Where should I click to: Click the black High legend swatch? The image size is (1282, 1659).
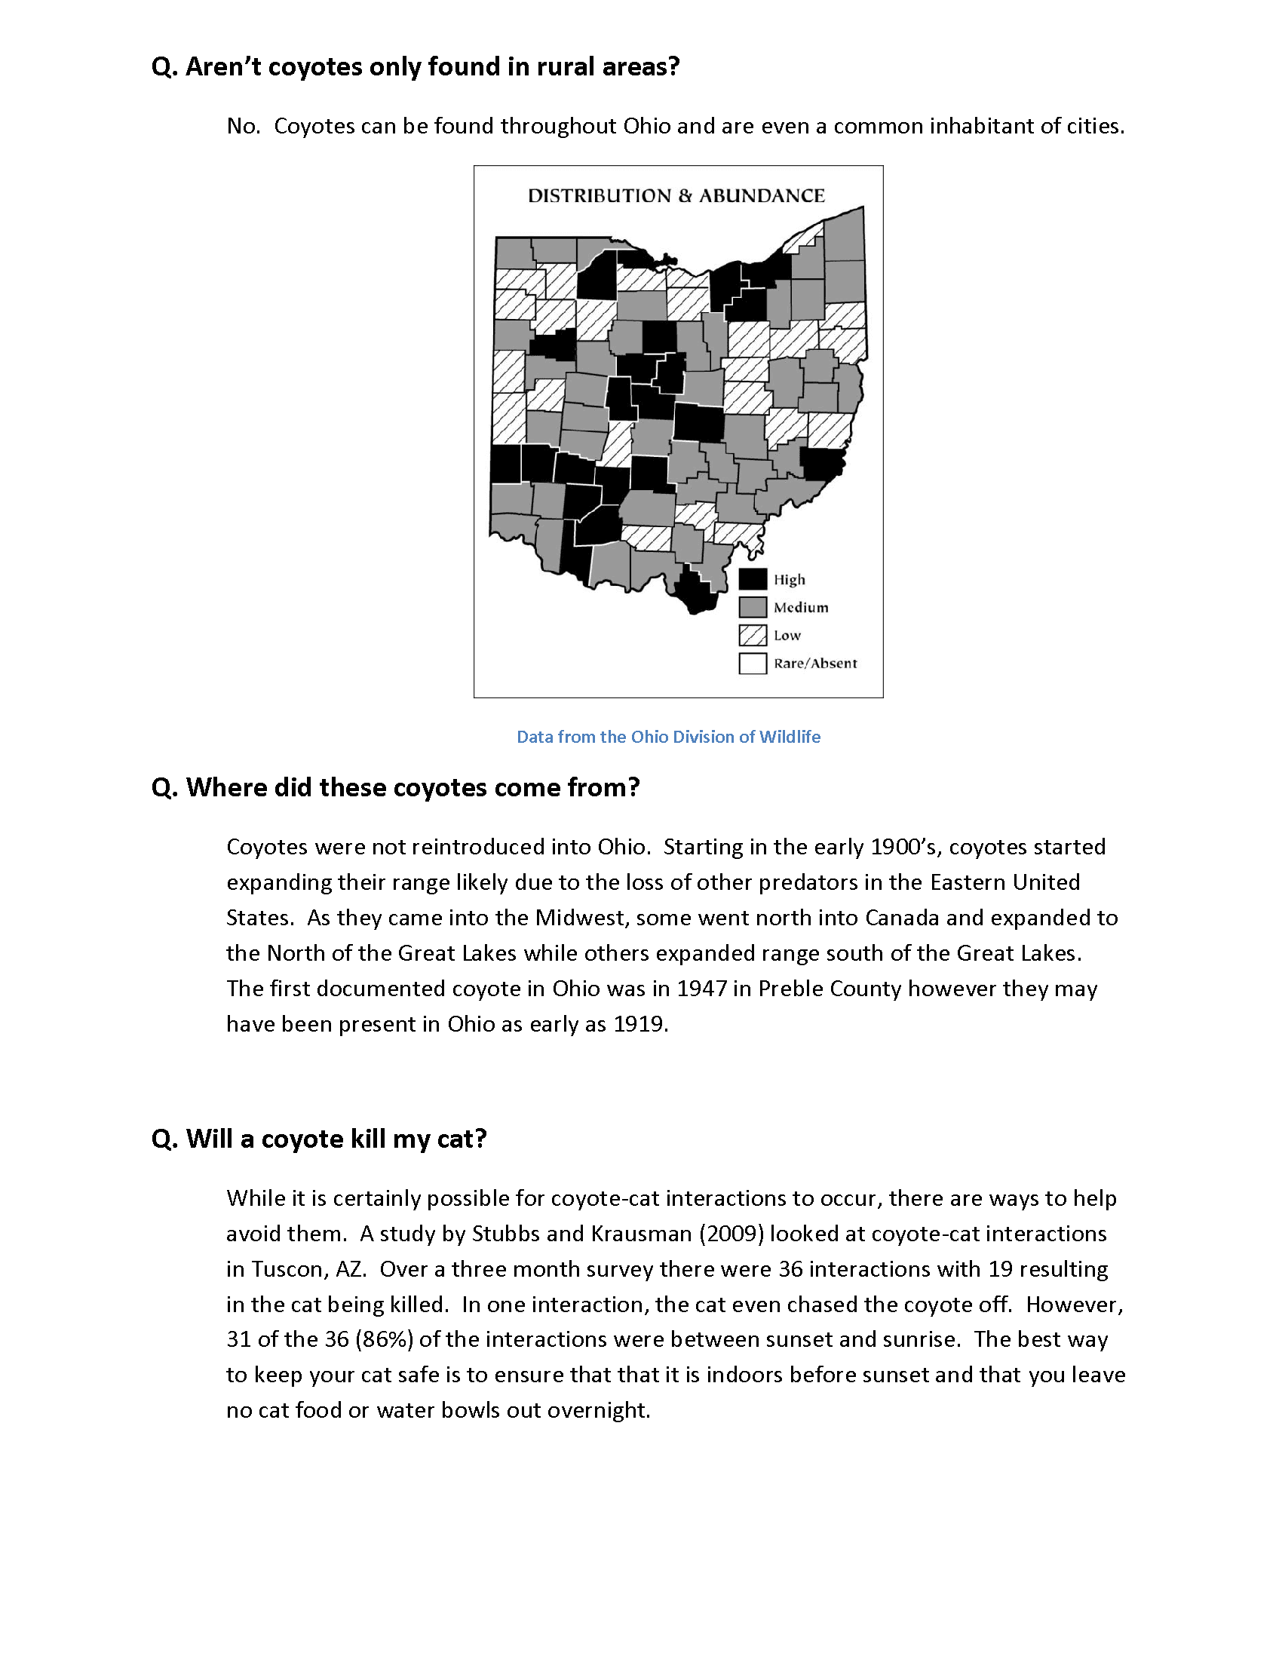(x=752, y=580)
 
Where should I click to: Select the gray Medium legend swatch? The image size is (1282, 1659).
(x=752, y=607)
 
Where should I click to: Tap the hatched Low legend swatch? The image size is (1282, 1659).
(x=752, y=635)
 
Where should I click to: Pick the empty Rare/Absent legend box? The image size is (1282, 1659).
(x=752, y=663)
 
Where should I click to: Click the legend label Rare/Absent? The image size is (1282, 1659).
(x=815, y=663)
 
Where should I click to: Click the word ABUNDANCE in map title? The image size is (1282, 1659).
(x=761, y=196)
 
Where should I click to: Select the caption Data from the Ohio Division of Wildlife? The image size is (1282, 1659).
(x=668, y=737)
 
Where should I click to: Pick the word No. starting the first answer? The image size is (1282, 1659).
(x=243, y=126)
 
